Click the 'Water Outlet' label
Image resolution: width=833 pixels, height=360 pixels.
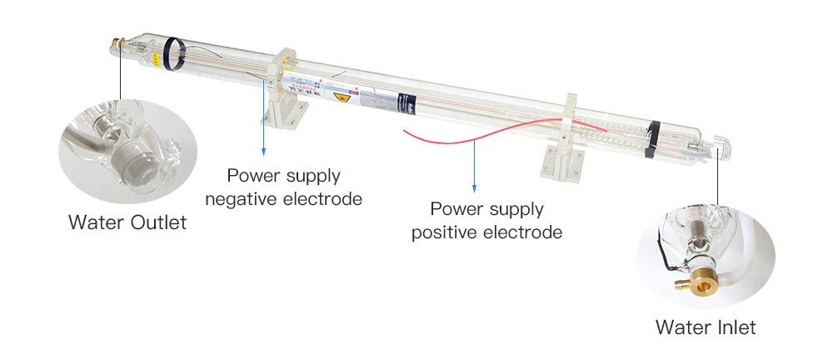pos(127,222)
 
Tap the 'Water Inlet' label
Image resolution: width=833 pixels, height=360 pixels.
pos(706,327)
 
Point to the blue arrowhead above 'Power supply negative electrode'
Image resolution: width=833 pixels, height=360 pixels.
pos(263,152)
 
